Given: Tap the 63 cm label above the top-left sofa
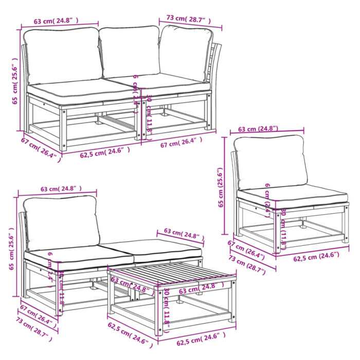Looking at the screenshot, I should pyautogui.click(x=56, y=21).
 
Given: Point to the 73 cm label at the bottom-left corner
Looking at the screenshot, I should pyautogui.click(x=32, y=330).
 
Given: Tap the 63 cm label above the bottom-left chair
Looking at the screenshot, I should pyautogui.click(x=57, y=189).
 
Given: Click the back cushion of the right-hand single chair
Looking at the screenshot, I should pyautogui.click(x=269, y=162).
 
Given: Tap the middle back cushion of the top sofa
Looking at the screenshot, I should pyautogui.click(x=130, y=51).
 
